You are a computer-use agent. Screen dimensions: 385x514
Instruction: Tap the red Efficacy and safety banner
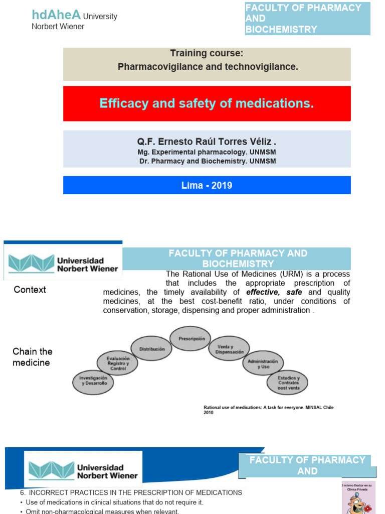(207, 103)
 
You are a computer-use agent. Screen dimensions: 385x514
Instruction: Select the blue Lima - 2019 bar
(207, 185)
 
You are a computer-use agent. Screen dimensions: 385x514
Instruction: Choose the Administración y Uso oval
(263, 363)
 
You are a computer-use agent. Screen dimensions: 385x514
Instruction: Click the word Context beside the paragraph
(30, 290)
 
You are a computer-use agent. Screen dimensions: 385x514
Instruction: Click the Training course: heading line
(207, 53)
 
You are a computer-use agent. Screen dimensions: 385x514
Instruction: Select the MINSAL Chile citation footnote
(268, 410)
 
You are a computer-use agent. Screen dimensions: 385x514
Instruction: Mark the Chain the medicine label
(32, 357)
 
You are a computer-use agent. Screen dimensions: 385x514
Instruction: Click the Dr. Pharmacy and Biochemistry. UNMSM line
(207, 161)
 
